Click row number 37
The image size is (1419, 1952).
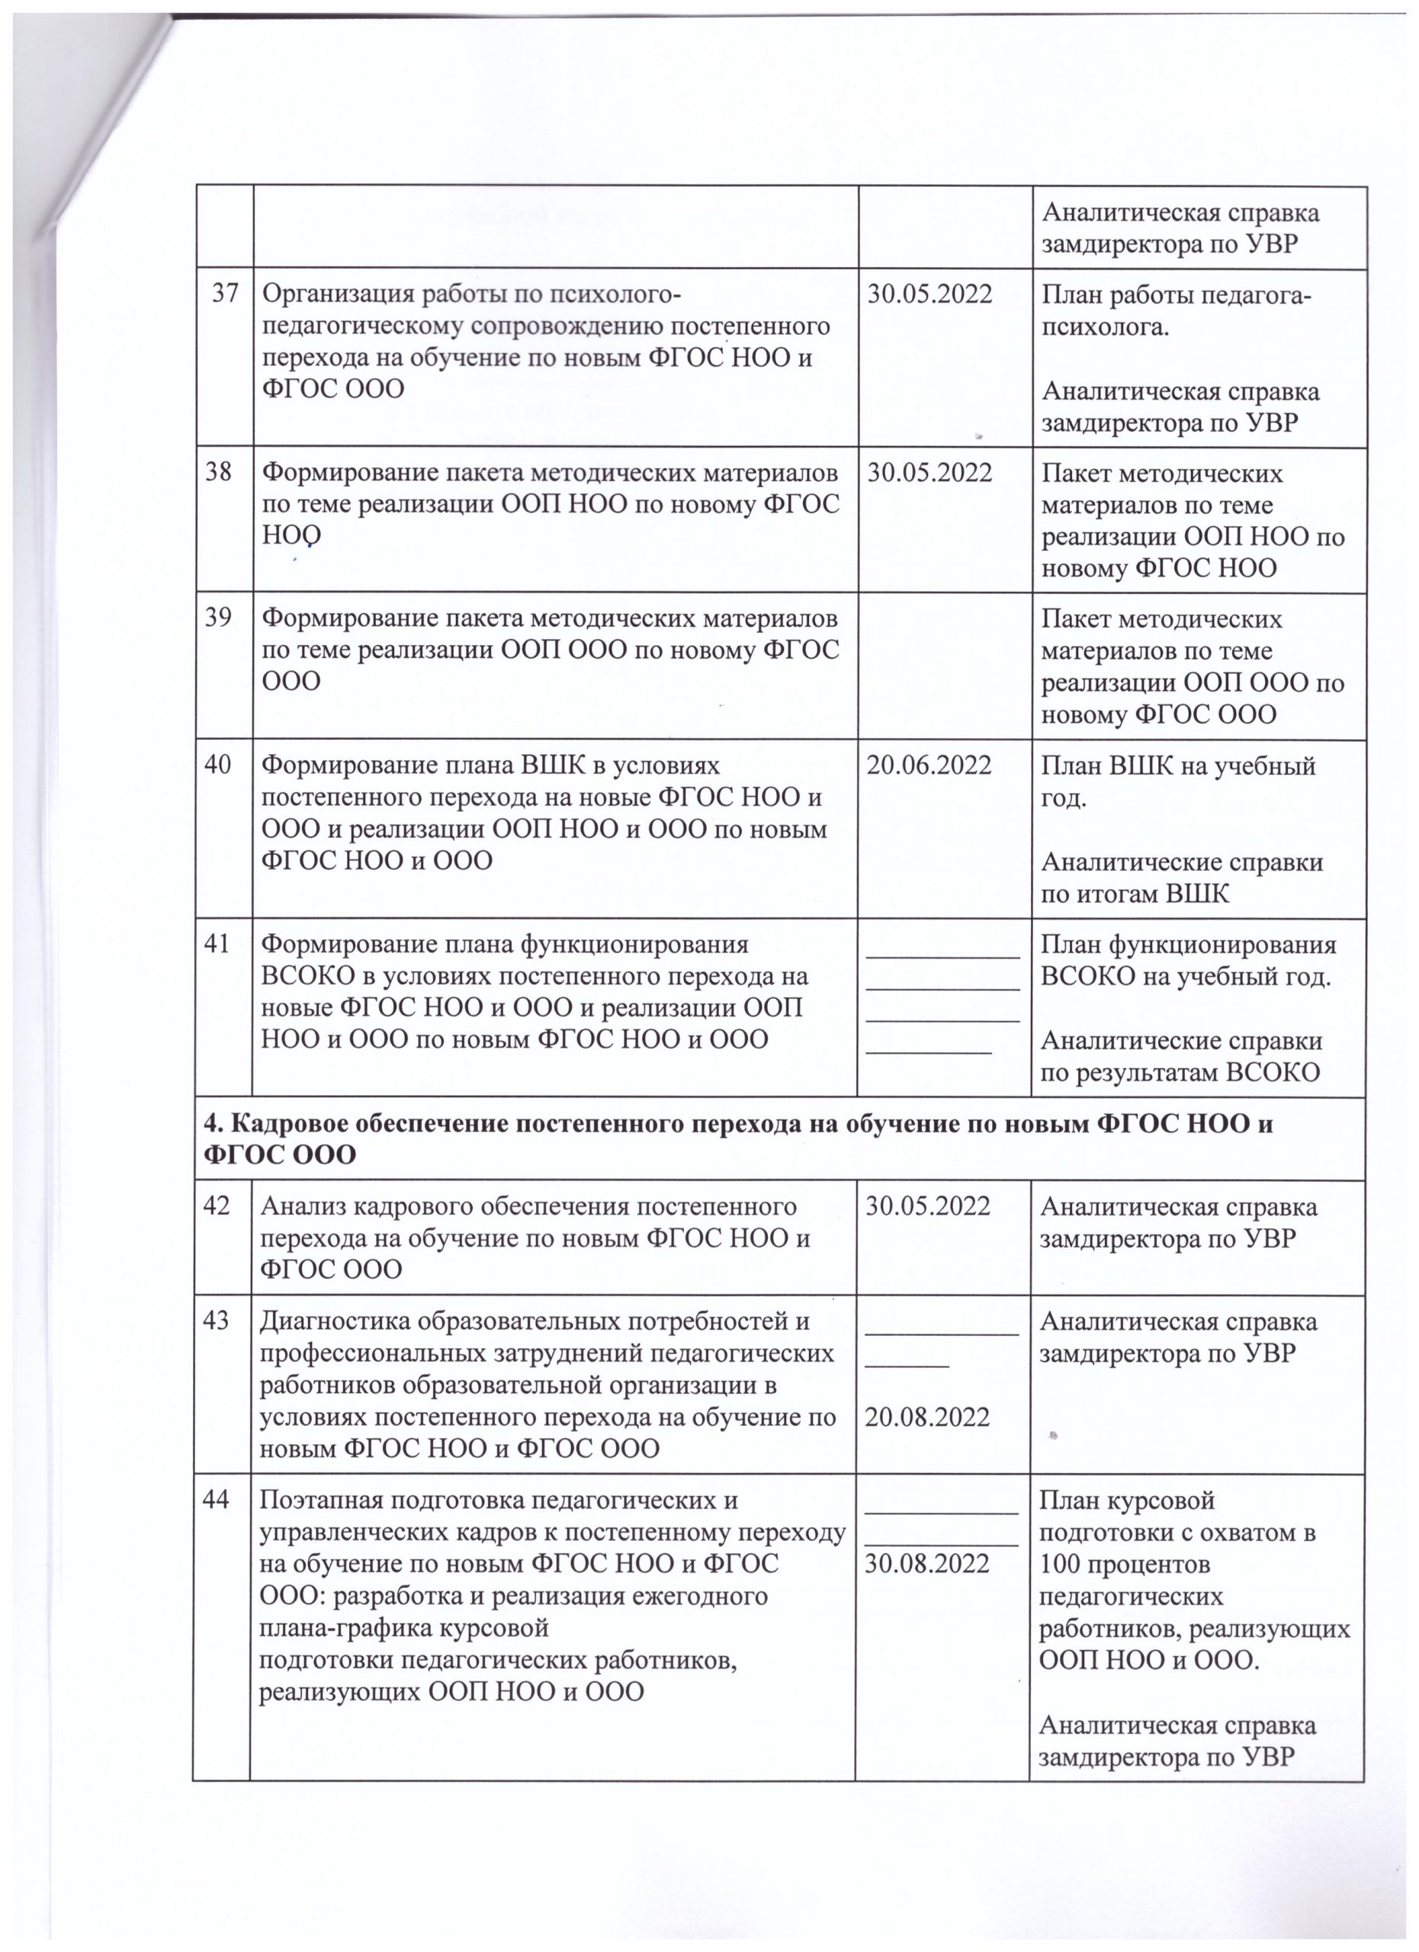[226, 294]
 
